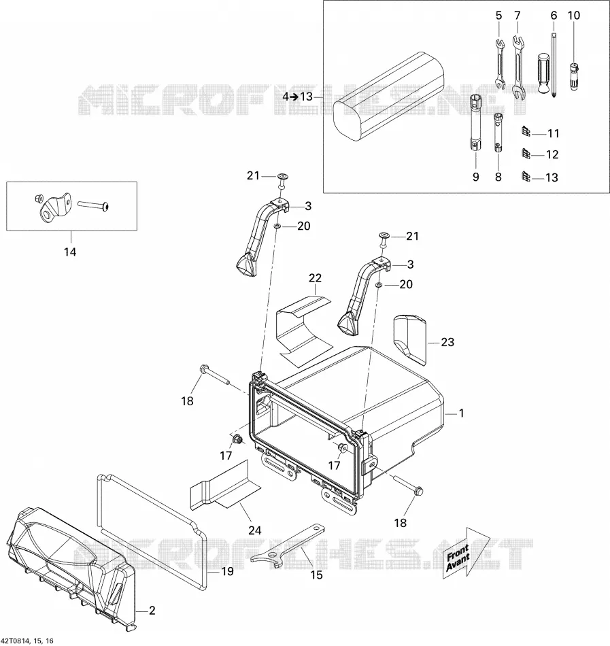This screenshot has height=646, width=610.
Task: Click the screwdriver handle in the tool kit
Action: click(x=544, y=73)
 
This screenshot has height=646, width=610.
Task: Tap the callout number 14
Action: click(x=70, y=252)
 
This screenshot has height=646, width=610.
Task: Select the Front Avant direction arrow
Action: click(x=465, y=552)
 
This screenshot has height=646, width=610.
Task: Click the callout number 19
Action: click(x=227, y=571)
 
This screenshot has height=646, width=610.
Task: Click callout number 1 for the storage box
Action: click(x=461, y=413)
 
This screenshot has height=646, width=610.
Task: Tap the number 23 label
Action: click(x=447, y=342)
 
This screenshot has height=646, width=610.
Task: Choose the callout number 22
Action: click(x=315, y=278)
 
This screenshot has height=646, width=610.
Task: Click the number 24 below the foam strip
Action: click(x=254, y=530)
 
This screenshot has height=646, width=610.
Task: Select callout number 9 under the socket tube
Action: click(x=476, y=177)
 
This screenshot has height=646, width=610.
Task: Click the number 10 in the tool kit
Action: click(x=574, y=15)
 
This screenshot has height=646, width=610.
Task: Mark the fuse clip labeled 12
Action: click(x=526, y=154)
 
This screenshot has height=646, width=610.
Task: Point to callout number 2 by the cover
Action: click(x=152, y=610)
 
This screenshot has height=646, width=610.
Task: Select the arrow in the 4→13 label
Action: click(x=294, y=97)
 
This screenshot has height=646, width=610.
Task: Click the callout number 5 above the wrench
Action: click(x=498, y=16)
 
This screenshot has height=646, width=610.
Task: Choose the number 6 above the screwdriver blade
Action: click(x=554, y=16)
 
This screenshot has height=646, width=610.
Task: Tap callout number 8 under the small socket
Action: click(x=498, y=177)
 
